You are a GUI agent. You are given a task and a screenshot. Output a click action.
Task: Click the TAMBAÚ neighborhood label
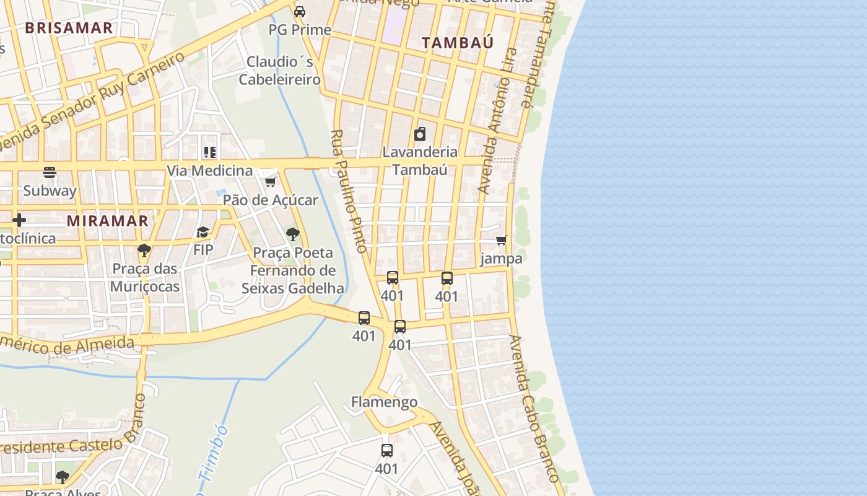tap(458, 42)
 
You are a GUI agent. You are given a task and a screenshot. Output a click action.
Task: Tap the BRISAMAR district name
tap(69, 27)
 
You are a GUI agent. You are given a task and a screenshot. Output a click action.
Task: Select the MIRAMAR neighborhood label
tap(108, 221)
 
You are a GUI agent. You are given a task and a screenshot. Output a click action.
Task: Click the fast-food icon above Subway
tap(50, 172)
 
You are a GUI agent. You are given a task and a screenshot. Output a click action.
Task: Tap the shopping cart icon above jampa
tap(501, 240)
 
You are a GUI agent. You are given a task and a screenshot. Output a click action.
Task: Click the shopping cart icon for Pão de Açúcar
tap(270, 182)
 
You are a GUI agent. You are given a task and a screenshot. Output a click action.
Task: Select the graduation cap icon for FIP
tap(203, 232)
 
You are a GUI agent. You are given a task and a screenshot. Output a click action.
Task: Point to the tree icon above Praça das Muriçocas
tap(144, 250)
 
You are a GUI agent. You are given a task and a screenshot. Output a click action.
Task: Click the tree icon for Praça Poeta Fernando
tap(293, 234)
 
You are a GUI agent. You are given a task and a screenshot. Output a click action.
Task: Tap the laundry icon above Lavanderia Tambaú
tap(420, 134)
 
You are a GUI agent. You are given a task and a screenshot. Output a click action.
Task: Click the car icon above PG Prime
tap(300, 12)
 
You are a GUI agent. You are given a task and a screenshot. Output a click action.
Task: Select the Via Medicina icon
tap(210, 153)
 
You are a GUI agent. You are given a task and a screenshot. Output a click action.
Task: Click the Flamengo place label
tap(384, 402)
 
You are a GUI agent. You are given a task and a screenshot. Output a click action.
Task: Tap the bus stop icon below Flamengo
tap(387, 451)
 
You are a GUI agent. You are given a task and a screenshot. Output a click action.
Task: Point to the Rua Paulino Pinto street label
tap(349, 191)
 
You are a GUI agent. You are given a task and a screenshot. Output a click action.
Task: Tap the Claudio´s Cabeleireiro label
tap(280, 71)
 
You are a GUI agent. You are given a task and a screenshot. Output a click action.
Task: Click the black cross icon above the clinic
tap(19, 220)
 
